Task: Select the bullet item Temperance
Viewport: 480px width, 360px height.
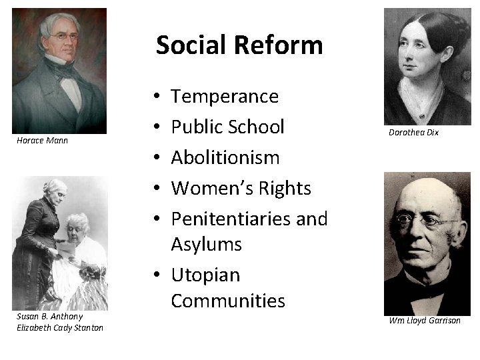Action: click(x=225, y=97)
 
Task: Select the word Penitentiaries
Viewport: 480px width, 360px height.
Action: click(x=227, y=219)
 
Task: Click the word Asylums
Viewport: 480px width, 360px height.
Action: click(x=206, y=244)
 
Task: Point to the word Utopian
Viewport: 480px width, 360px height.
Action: click(x=205, y=275)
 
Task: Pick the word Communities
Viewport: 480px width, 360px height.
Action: click(x=227, y=301)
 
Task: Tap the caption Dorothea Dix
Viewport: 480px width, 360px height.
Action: click(x=413, y=133)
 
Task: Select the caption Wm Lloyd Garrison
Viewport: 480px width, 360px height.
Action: click(x=425, y=321)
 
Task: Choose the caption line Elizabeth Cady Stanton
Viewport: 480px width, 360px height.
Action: click(x=60, y=327)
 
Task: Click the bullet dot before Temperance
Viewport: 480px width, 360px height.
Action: click(x=155, y=97)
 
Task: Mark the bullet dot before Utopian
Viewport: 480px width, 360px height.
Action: click(x=155, y=275)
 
